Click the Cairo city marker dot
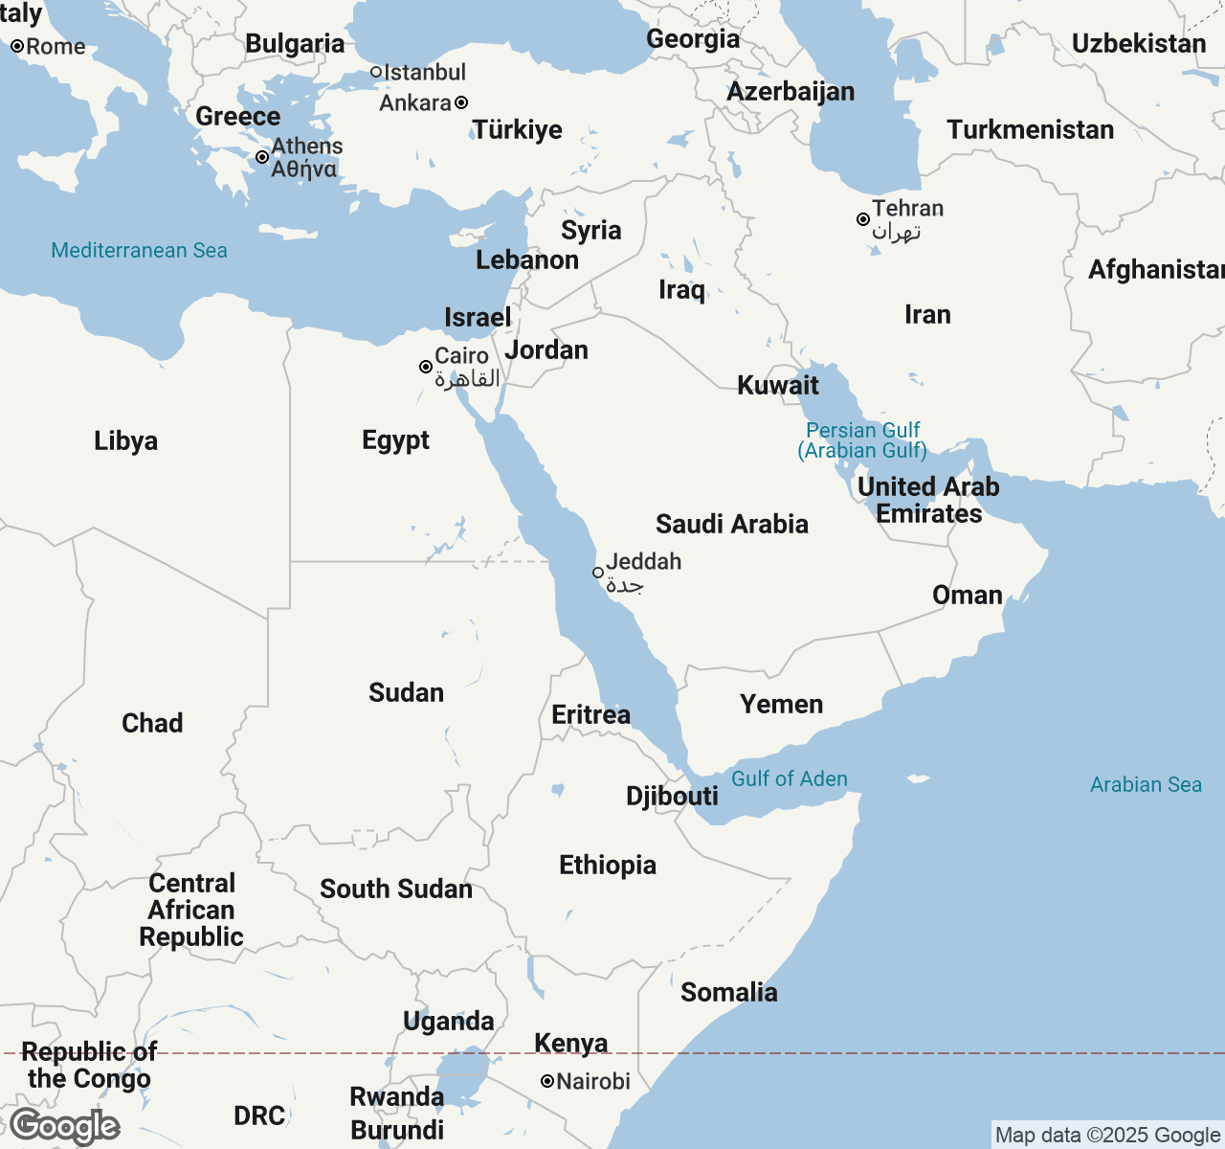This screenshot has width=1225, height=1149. tap(426, 367)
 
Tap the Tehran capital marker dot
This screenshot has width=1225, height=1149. tap(863, 219)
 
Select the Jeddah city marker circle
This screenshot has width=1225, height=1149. tap(598, 573)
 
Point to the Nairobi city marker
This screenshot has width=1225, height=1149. tap(547, 1081)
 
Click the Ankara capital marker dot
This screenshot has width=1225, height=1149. tap(461, 102)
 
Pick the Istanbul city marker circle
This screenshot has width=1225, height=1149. tap(376, 72)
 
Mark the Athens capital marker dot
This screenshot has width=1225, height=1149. tap(262, 157)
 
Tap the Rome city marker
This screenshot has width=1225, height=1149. tap(17, 46)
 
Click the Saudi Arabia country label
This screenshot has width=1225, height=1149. tap(732, 524)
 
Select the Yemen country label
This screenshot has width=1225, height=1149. tap(781, 704)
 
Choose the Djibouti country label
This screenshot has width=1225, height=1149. tap(672, 796)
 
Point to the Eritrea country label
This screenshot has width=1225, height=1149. tap(590, 714)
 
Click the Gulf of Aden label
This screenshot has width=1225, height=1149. tap(790, 778)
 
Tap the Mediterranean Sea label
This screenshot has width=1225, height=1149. tap(139, 250)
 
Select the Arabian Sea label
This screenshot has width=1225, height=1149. tap(1146, 784)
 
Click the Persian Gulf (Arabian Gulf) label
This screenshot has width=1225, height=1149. tap(862, 440)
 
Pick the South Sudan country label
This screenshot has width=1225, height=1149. tap(396, 889)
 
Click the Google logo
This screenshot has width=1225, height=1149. tap(64, 1127)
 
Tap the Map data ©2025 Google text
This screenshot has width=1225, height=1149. tap(1107, 1135)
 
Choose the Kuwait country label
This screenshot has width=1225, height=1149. tap(778, 385)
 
